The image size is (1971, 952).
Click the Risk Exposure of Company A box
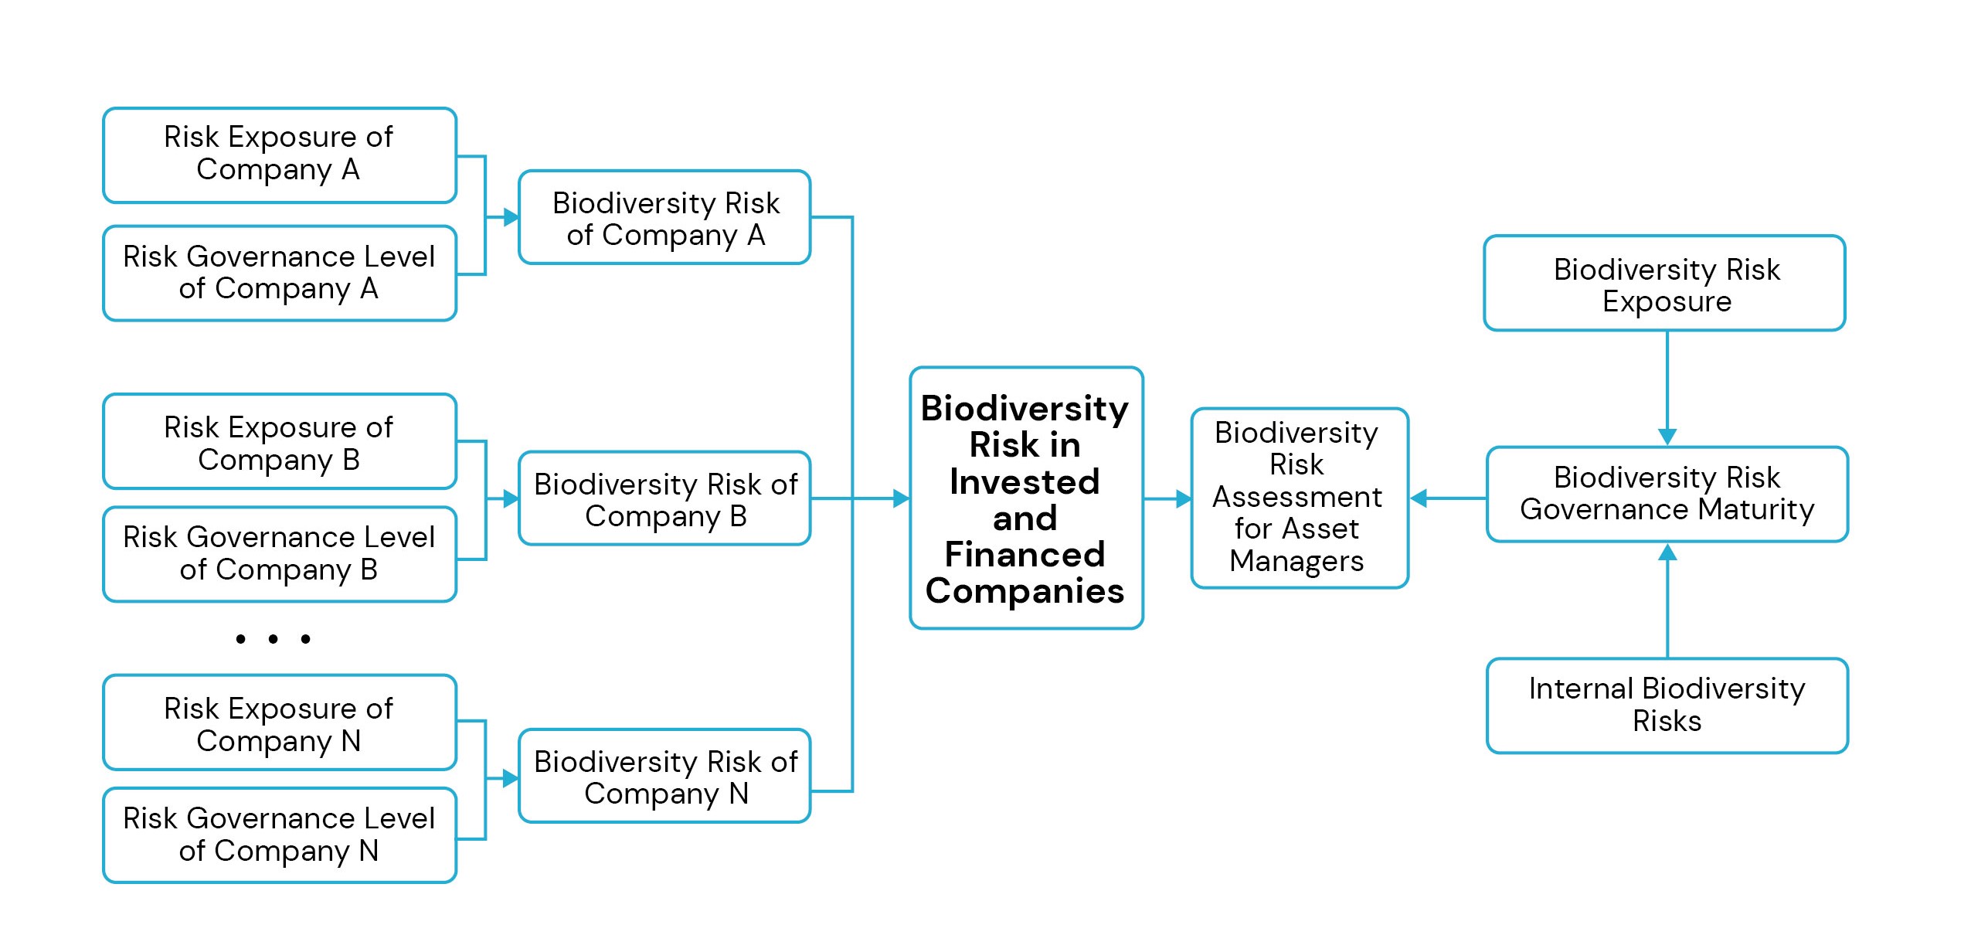(279, 155)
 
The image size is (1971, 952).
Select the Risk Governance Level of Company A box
(279, 273)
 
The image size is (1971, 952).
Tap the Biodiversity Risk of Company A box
(664, 217)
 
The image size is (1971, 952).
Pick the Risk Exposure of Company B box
(279, 441)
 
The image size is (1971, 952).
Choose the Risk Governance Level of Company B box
(279, 553)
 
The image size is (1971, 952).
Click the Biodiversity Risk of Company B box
(664, 498)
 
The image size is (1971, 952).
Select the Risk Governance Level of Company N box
(279, 835)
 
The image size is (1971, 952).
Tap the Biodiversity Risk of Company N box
(664, 776)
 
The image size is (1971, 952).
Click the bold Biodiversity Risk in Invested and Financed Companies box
(1025, 498)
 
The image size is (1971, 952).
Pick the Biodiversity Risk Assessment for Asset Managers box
(1299, 498)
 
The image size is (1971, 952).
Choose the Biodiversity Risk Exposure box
(1664, 284)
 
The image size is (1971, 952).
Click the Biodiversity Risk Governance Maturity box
(1667, 494)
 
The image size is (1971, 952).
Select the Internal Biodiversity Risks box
(1667, 705)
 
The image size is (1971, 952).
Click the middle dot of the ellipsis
(273, 639)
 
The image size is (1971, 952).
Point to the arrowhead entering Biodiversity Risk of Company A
(511, 217)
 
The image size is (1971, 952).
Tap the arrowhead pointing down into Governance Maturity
(1667, 437)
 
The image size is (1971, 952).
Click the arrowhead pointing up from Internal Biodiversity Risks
(1667, 552)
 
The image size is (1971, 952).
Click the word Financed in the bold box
(1025, 554)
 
